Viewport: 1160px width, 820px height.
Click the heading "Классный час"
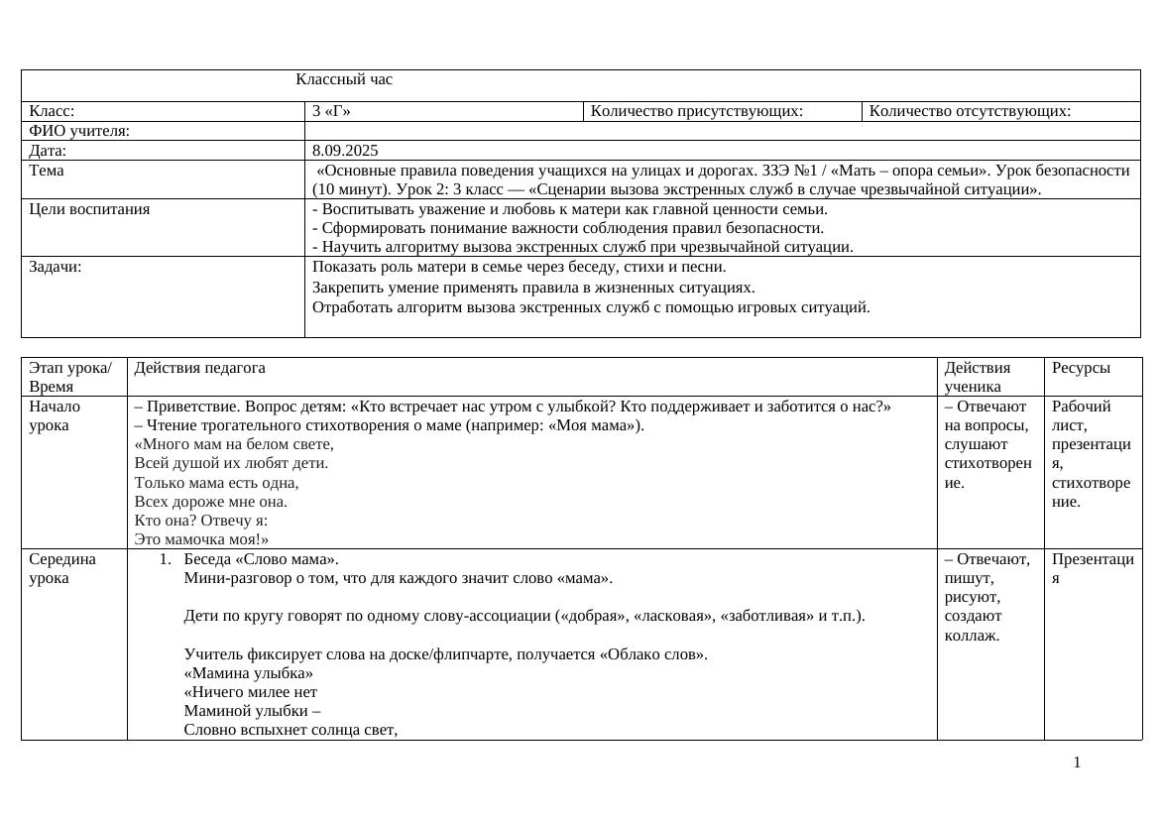(x=344, y=80)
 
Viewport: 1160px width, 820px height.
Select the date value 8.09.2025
(x=345, y=151)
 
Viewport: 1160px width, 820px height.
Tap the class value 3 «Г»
(x=331, y=111)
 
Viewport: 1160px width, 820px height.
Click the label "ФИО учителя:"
(x=79, y=131)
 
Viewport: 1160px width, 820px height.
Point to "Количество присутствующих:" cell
(x=696, y=111)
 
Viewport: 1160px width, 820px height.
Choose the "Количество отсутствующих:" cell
(x=970, y=111)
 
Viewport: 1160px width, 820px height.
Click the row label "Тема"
(x=47, y=171)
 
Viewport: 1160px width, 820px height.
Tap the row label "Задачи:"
(x=56, y=267)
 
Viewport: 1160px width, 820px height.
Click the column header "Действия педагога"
(x=200, y=368)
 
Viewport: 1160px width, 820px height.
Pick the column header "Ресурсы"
(x=1081, y=368)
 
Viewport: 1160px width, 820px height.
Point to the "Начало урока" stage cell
(x=56, y=415)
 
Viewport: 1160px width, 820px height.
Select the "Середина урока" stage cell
(x=62, y=568)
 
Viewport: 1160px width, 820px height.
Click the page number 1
(x=1077, y=762)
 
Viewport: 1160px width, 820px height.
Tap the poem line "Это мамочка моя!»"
(x=202, y=539)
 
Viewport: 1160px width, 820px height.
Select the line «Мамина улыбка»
(x=242, y=673)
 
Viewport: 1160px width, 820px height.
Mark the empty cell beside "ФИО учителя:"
(x=722, y=131)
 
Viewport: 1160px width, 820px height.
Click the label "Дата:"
(x=48, y=151)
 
